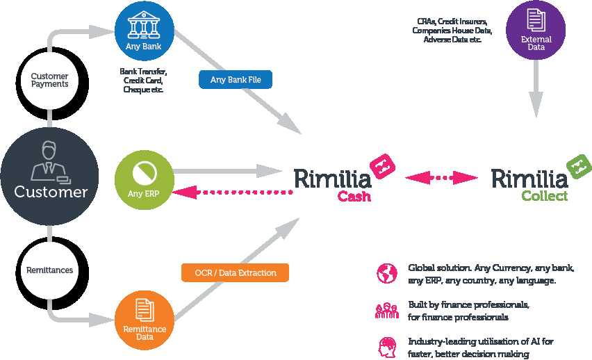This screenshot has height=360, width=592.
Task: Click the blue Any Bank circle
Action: coord(142,31)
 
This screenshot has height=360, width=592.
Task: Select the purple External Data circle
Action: coord(536,29)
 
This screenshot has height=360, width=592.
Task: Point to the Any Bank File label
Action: coord(235,79)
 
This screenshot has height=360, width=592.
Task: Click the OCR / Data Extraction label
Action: coord(235,272)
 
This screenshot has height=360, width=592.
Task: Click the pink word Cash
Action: coord(354,196)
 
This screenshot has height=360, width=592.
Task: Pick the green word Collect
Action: coord(544,196)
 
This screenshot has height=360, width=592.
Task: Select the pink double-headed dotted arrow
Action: coord(442,179)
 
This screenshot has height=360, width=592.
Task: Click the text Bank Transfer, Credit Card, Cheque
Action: coord(143,80)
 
